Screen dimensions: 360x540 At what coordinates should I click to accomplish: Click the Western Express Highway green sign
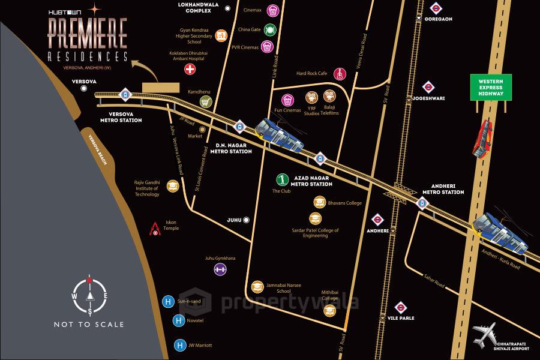[491, 87]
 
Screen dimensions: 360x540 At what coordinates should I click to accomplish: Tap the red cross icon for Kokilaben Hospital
[190, 70]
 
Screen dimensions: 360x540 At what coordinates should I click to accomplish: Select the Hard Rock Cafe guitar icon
[339, 74]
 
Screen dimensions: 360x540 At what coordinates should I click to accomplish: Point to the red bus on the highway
[482, 139]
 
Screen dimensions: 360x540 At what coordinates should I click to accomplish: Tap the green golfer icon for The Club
[281, 179]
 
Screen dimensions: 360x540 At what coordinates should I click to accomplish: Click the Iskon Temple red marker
[155, 229]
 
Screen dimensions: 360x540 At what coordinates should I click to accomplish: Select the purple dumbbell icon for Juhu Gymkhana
[220, 269]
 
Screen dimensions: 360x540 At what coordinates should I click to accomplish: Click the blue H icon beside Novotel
[179, 322]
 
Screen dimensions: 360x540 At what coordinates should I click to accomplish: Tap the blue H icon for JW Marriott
[179, 346]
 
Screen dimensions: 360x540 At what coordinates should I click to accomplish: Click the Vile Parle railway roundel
[401, 308]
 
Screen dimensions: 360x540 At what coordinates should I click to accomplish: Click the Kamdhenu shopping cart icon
[205, 102]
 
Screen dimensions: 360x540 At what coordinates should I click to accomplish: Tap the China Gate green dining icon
[270, 29]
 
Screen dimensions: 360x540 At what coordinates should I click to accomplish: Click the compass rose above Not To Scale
[89, 296]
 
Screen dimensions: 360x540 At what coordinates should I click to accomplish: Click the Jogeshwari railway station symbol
[428, 87]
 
